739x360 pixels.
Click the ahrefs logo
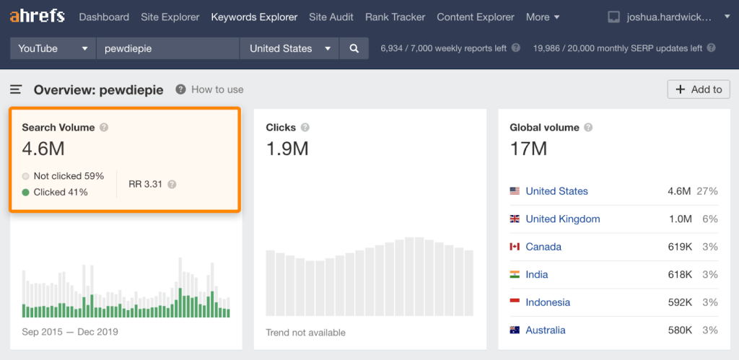[37, 16]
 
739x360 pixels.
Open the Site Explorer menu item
[170, 17]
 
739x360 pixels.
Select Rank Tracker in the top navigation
[395, 17]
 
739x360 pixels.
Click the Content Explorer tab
[476, 17]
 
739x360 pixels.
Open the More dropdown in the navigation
[543, 17]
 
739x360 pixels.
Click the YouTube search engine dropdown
[53, 48]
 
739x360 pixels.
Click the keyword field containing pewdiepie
[167, 48]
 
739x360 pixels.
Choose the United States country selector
[289, 48]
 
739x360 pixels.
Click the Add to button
[698, 89]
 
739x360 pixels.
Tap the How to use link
[217, 89]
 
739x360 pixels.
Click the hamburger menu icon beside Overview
[16, 89]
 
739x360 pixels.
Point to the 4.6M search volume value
[43, 149]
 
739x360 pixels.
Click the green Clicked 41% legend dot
[26, 192]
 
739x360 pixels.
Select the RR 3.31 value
[145, 184]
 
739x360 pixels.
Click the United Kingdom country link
[562, 219]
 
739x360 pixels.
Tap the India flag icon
[515, 274]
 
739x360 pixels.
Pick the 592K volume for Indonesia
[680, 302]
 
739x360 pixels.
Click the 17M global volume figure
[528, 149]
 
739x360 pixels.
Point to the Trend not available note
[305, 333]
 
